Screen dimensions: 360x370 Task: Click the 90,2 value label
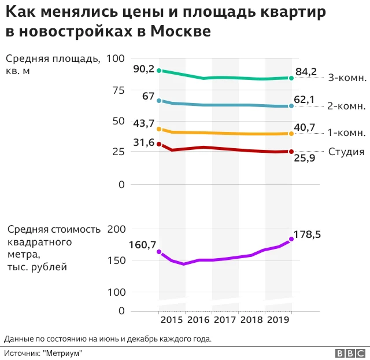pos(143,69)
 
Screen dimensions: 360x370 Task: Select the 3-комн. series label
pos(347,78)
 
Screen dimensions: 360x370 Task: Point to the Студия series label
pos(346,152)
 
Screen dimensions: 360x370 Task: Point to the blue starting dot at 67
pos(159,101)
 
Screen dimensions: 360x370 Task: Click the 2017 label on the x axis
pos(225,319)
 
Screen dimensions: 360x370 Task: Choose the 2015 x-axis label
pos(172,319)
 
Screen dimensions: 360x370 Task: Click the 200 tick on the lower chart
pos(116,229)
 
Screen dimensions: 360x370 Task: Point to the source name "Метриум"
pos(64,353)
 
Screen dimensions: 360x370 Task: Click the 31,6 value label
pos(143,142)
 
